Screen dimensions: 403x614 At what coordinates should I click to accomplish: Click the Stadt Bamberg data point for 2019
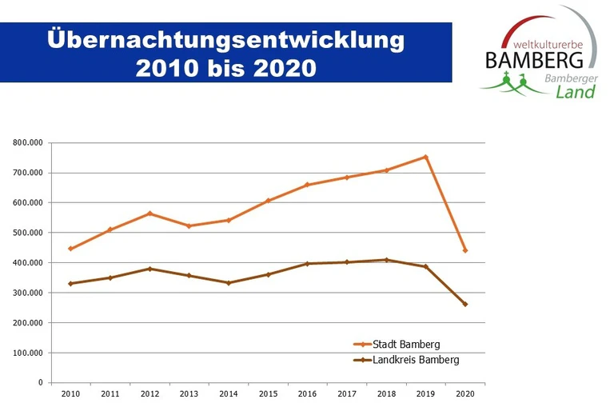[x=426, y=157]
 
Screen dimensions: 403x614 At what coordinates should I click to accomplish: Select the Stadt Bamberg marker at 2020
[x=465, y=250]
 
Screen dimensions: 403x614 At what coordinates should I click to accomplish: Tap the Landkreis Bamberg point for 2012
[x=150, y=269]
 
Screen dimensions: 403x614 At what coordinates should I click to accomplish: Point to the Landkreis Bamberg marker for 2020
[x=465, y=304]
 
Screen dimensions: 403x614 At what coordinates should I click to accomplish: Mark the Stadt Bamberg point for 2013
[x=189, y=226]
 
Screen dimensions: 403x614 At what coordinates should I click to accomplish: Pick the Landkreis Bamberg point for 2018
[x=386, y=260]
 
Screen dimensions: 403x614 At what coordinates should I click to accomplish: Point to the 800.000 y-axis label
[x=28, y=143]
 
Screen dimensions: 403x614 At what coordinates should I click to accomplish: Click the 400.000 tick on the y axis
[x=28, y=263]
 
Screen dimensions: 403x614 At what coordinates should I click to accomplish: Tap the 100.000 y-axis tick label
[x=28, y=353]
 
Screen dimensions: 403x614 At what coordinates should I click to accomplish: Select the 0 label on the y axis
[x=40, y=383]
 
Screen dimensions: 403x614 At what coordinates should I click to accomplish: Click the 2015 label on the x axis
[x=268, y=393]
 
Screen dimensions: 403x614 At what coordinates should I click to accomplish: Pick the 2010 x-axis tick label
[x=70, y=393]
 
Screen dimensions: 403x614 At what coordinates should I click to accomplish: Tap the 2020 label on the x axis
[x=465, y=393]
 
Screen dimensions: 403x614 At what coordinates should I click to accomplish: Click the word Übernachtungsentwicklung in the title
[x=225, y=39]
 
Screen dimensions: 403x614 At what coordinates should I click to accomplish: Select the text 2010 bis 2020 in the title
[x=225, y=67]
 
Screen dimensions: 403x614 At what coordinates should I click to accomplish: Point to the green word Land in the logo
[x=575, y=92]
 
